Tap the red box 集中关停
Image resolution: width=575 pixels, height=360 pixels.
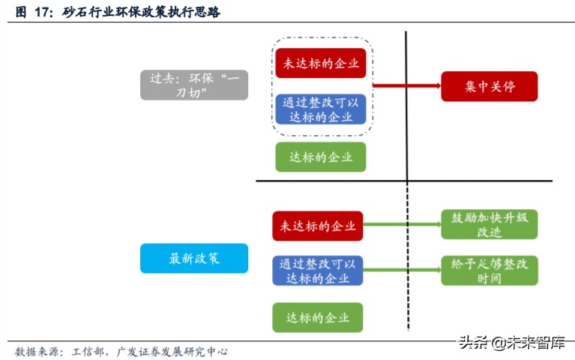pyautogui.click(x=489, y=86)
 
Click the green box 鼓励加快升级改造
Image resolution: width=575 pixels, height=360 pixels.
pyautogui.click(x=489, y=224)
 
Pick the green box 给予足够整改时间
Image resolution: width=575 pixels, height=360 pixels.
pyautogui.click(x=489, y=271)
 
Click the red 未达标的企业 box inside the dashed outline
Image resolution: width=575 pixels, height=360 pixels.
pyautogui.click(x=320, y=63)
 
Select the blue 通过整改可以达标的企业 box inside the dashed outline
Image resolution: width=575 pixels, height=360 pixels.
pyautogui.click(x=320, y=109)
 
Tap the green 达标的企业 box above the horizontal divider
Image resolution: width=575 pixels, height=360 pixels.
pyautogui.click(x=320, y=157)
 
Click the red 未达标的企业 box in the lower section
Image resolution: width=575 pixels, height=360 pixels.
pyautogui.click(x=318, y=226)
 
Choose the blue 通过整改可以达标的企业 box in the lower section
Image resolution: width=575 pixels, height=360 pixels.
pyautogui.click(x=318, y=271)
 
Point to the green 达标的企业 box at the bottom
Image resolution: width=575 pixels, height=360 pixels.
pyautogui.click(x=318, y=317)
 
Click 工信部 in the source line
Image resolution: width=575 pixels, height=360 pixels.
pyautogui.click(x=88, y=350)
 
